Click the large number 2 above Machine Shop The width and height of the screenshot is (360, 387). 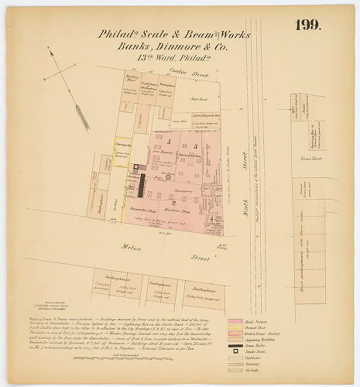coord(174,202)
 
